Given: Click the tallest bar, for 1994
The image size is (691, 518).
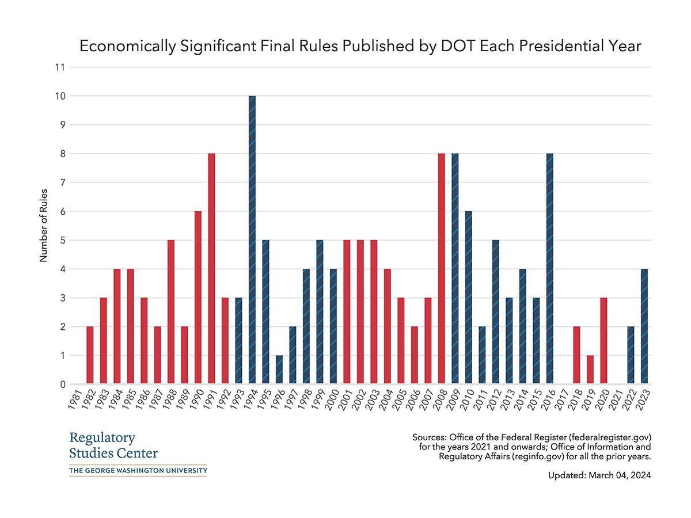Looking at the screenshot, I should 252,240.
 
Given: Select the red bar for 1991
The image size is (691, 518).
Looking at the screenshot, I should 211,269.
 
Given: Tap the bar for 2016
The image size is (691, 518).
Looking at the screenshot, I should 550,269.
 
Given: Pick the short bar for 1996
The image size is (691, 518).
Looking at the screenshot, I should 279,370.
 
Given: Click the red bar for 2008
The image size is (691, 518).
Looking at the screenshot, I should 442,269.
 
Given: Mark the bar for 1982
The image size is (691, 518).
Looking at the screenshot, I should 90,355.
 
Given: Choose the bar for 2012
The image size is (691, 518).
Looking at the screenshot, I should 496,312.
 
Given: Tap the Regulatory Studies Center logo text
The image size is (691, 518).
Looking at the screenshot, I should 113,445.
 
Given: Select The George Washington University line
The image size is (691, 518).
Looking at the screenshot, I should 138,471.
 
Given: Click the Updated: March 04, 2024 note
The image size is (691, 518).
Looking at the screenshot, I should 599,476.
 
